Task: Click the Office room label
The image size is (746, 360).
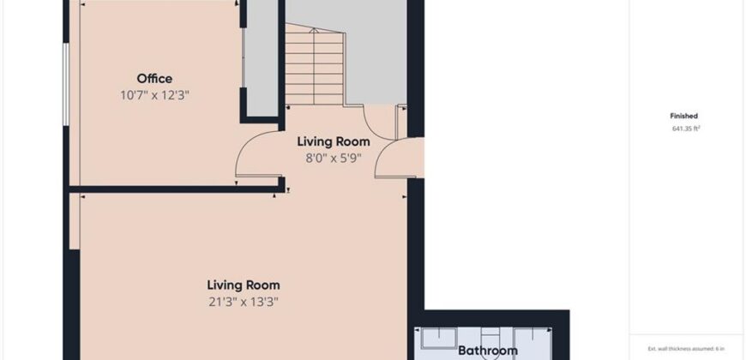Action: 154,79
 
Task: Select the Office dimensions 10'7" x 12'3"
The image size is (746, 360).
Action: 154,95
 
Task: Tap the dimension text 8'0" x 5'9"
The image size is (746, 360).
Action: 334,158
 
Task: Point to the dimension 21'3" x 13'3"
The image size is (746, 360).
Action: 244,302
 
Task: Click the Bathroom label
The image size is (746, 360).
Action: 488,351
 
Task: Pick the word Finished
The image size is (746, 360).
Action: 683,116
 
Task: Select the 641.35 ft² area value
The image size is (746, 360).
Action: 686,129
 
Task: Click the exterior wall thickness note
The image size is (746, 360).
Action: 686,349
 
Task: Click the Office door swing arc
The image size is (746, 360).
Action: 248,142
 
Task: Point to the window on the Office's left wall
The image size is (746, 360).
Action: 66,85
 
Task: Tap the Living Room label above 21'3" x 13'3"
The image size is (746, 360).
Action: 244,285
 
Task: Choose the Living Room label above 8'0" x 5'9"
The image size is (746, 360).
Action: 334,141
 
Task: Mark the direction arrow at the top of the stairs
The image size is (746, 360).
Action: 314,31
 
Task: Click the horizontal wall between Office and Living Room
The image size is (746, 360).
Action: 176,189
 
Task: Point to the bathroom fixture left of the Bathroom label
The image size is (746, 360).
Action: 439,338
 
